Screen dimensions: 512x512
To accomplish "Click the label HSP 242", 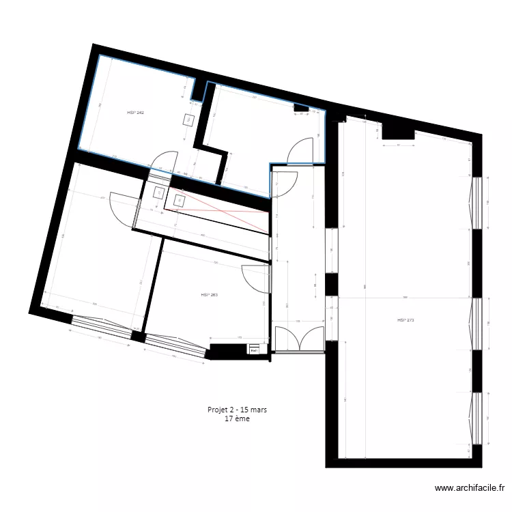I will point(135,112).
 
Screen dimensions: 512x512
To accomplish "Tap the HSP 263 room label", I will point(209,296).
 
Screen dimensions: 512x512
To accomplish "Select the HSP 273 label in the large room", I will point(406,319).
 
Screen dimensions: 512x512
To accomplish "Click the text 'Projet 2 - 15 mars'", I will point(237,410).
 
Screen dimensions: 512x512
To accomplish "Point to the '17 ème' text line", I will point(237,419).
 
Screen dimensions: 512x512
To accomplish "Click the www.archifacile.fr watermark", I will point(469,488).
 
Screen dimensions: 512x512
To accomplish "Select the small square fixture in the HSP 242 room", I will point(188,120).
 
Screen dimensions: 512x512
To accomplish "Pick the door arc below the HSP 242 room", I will point(161,161).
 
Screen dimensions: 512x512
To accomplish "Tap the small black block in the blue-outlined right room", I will point(300,108).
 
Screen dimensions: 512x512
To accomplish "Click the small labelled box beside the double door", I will point(254,350).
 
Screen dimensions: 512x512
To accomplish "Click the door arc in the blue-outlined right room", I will point(300,152).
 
